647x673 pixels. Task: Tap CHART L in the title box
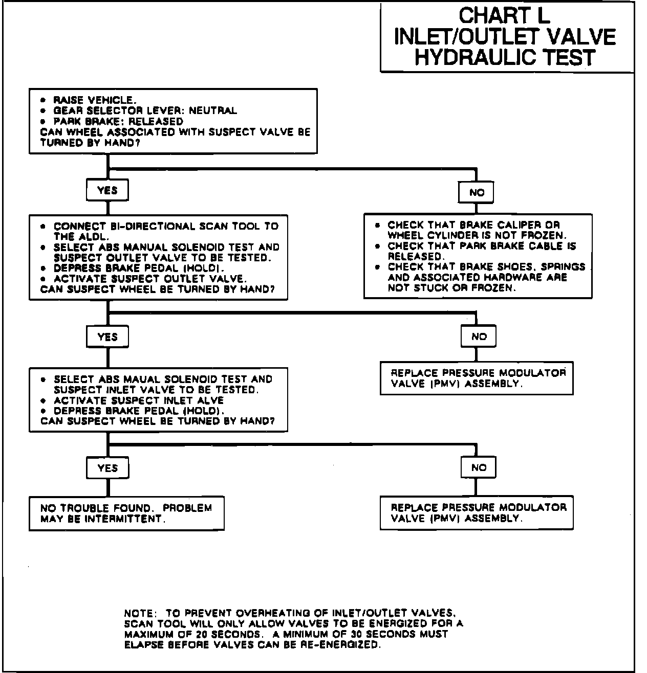(x=504, y=15)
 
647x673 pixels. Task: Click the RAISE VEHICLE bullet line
(x=94, y=100)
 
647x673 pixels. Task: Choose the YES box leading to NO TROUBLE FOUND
(x=107, y=468)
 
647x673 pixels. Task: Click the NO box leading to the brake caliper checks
(x=477, y=193)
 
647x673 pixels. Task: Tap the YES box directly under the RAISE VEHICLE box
(x=107, y=190)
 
